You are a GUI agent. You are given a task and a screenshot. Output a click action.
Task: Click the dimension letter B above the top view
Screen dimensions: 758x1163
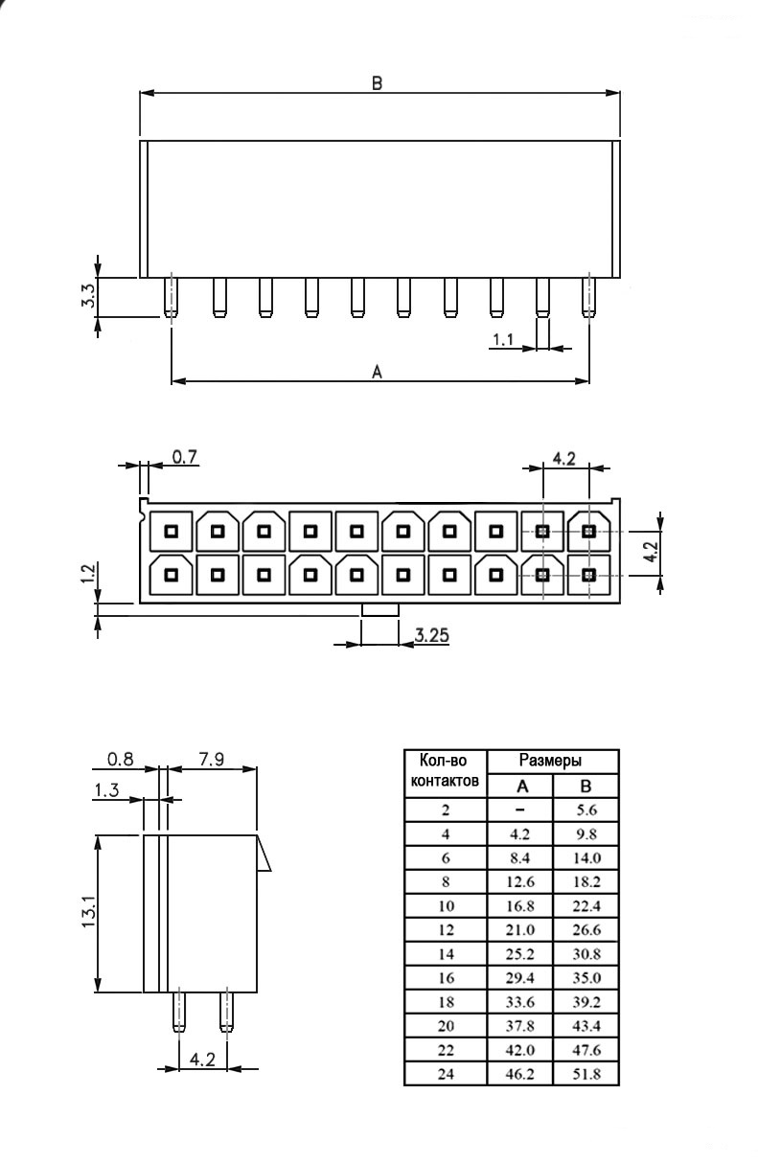coord(377,83)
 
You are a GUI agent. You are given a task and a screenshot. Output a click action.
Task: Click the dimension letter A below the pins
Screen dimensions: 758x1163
coord(377,372)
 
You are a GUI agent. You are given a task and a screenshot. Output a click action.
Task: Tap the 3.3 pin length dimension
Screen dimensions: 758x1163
coord(88,295)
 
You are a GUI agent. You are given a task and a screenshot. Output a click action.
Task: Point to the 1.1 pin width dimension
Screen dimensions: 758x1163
coord(502,339)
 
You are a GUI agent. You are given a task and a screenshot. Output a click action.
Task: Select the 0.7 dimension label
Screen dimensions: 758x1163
coord(185,457)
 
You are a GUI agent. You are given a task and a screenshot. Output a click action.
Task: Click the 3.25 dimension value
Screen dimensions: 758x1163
coord(431,635)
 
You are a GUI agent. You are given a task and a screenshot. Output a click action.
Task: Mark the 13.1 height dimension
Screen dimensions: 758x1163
coord(88,911)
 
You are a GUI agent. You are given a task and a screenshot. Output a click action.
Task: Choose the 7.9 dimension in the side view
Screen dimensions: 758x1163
coord(212,760)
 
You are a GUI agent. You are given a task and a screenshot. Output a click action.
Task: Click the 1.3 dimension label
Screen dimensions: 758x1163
coord(106,790)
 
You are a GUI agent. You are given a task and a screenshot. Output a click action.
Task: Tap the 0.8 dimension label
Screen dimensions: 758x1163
coord(121,760)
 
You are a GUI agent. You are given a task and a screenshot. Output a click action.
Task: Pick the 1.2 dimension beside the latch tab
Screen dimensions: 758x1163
coord(88,574)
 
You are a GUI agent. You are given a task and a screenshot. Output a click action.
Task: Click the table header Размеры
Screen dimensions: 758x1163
coord(550,761)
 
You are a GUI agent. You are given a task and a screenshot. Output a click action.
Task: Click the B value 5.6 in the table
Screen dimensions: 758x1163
coord(586,810)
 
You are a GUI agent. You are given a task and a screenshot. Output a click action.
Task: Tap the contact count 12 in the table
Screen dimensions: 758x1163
coord(446,930)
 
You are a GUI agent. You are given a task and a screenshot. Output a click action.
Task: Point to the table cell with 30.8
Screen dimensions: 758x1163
coord(586,954)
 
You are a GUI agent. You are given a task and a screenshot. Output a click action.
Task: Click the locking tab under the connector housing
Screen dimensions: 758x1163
coord(380,609)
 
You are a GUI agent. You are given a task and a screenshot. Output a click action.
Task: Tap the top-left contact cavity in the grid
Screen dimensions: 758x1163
coord(171,531)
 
